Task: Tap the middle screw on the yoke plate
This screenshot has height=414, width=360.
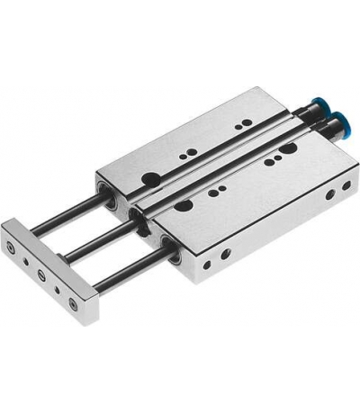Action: [41, 272]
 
